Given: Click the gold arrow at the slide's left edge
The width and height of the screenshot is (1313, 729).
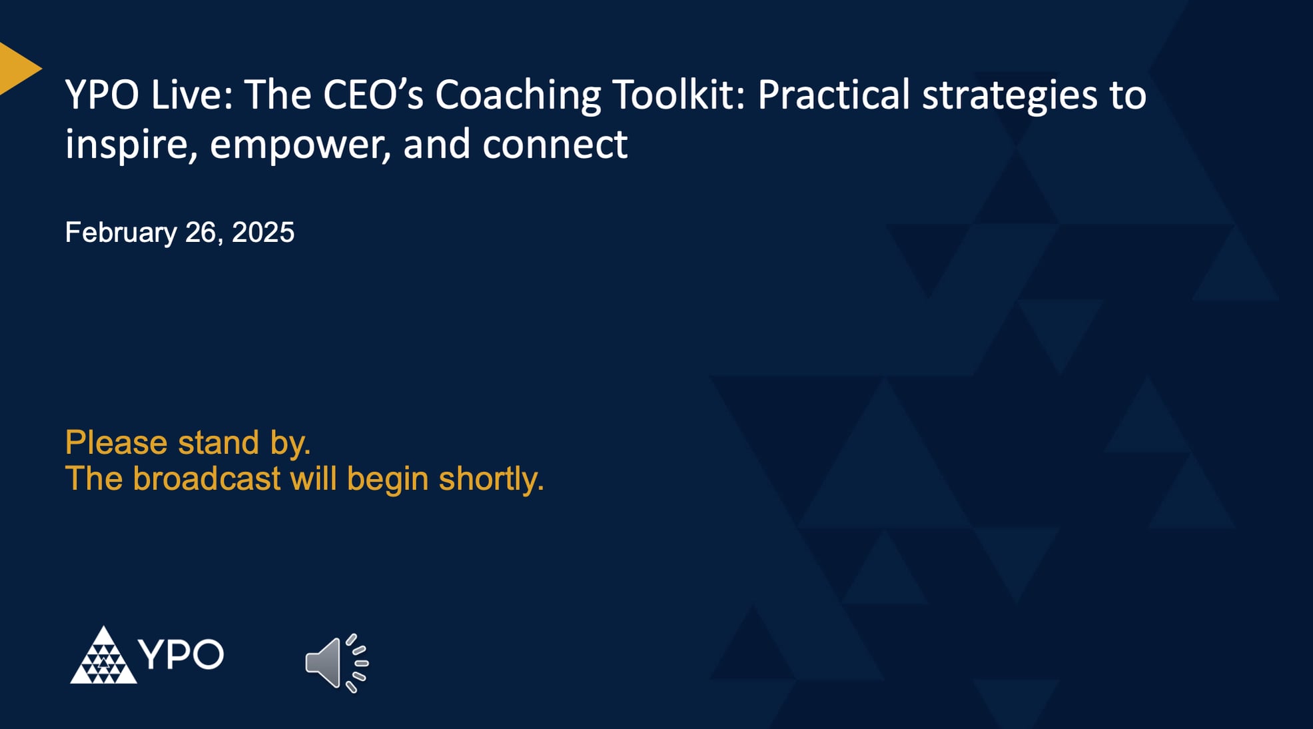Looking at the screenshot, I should [x=16, y=68].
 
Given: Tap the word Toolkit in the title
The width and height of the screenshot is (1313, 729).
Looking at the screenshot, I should [x=677, y=95].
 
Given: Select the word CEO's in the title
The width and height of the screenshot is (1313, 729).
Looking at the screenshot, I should [x=373, y=95].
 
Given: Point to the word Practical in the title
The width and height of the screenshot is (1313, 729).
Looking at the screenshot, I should [x=833, y=95].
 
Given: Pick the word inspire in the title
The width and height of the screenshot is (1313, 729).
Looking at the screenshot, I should [x=131, y=145].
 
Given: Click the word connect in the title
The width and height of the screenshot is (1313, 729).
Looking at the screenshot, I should [x=554, y=145].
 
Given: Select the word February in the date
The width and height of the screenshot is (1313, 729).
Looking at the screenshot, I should [x=121, y=233].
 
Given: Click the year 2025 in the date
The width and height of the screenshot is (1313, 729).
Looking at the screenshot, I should [x=262, y=233].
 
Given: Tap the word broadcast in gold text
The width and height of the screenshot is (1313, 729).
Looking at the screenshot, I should [x=207, y=479].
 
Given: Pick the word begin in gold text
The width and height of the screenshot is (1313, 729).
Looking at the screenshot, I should [x=387, y=480].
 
